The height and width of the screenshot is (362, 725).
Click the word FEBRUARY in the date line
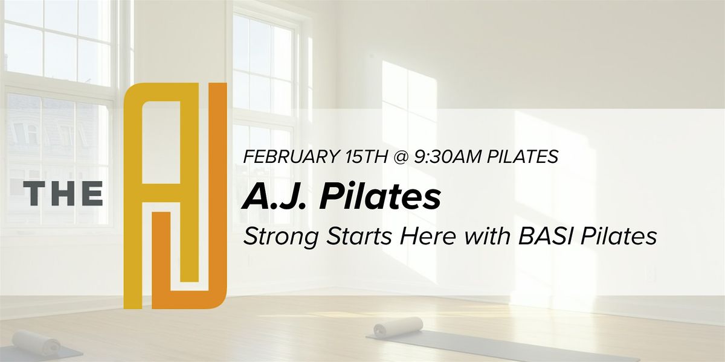[x=291, y=157]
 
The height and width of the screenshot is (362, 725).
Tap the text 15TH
[x=366, y=157]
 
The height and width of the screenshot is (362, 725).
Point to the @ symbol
[x=401, y=157]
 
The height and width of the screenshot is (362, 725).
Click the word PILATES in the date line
[x=523, y=157]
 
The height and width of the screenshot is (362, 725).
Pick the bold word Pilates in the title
[x=380, y=197]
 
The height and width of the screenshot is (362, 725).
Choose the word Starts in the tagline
[x=359, y=237]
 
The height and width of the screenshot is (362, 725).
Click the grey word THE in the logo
[x=63, y=194]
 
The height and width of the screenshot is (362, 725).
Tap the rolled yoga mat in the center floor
[x=398, y=326]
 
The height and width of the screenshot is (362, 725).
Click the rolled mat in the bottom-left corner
[x=36, y=343]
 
